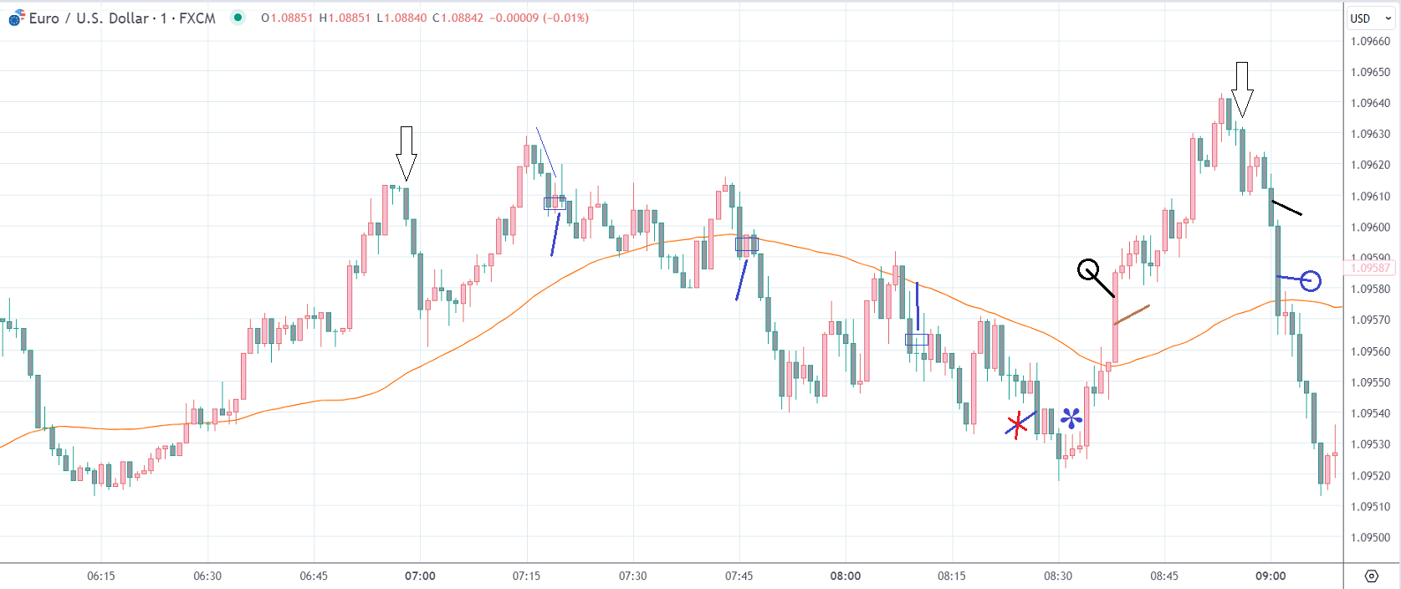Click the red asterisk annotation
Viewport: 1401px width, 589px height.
tap(1017, 426)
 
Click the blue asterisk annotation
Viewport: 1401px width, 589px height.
tap(1071, 417)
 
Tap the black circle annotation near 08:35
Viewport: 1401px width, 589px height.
tap(1088, 270)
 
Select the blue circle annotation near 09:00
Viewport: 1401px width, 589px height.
tap(1310, 281)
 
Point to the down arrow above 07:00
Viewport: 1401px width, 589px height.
tap(406, 154)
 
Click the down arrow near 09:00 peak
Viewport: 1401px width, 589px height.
tap(1242, 89)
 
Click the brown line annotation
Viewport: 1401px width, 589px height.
tap(1132, 315)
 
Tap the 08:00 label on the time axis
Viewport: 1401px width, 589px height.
tap(845, 576)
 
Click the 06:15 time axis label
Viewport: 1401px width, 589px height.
tap(100, 576)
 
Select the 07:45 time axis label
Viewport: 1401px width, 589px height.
tap(739, 576)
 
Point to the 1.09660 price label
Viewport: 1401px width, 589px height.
tap(1370, 41)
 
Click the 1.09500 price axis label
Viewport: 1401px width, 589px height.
tap(1370, 537)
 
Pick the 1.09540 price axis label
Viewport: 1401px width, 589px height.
tap(1370, 413)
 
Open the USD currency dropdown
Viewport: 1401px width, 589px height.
tap(1370, 18)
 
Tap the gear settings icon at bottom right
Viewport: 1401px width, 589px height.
tap(1371, 576)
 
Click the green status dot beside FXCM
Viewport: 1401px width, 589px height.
tap(238, 18)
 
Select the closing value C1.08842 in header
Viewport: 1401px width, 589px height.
tap(458, 18)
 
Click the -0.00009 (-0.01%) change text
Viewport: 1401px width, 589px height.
tap(538, 18)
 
